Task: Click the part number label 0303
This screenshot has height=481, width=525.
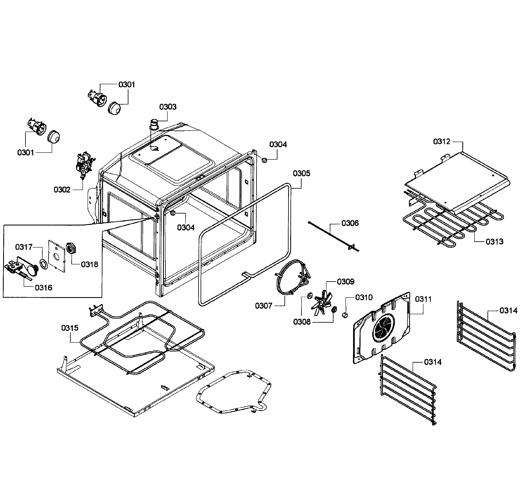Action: click(168, 107)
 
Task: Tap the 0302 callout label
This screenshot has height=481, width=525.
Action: click(62, 190)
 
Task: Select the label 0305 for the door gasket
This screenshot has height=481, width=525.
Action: click(301, 173)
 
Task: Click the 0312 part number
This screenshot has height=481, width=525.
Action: click(442, 142)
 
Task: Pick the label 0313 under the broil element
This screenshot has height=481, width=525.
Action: click(494, 242)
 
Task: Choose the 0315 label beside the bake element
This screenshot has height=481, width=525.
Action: click(70, 328)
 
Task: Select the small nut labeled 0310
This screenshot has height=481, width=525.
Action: click(345, 315)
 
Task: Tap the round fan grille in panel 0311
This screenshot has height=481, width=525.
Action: click(383, 328)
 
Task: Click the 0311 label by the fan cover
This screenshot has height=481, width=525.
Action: click(423, 299)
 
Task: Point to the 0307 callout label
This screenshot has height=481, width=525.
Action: click(264, 306)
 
